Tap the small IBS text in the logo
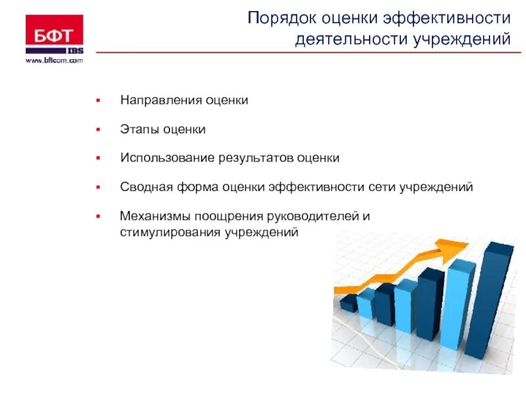[x=74, y=50]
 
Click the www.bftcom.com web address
[x=55, y=60]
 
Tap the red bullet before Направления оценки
[x=98, y=101]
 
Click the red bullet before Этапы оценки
[x=98, y=129]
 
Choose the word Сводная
[x=145, y=187]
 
